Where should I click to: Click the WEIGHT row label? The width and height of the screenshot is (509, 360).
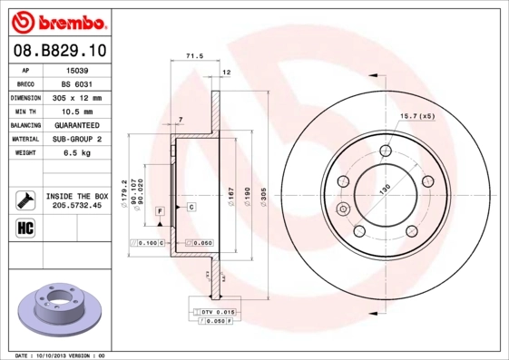[24, 153]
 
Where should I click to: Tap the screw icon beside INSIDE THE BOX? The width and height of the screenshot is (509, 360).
[24, 199]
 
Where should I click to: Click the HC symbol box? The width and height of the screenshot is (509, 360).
[24, 227]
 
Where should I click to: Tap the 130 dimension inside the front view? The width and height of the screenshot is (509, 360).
[384, 188]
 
